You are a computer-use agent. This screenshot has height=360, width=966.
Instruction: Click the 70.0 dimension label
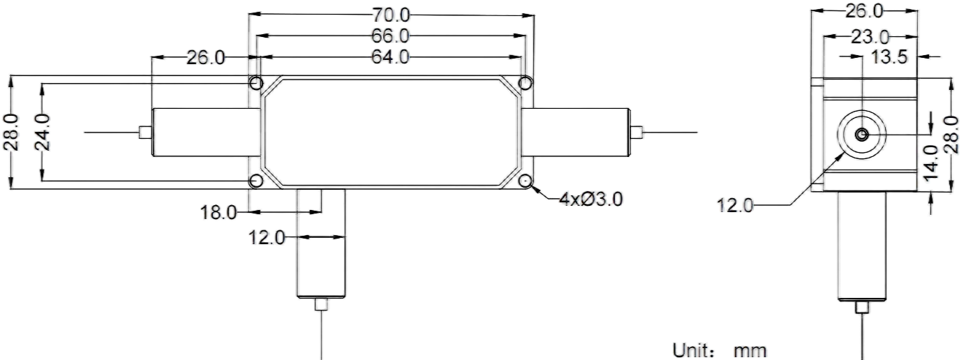click(x=391, y=15)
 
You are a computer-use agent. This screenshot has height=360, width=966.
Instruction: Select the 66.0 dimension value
click(x=391, y=36)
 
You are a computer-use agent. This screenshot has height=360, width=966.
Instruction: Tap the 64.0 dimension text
click(x=391, y=57)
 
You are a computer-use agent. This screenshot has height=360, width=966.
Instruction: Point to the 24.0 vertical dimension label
click(x=43, y=132)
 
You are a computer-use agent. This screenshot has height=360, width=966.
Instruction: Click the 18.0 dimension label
click(x=218, y=212)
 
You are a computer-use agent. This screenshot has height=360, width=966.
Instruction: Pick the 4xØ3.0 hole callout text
click(x=590, y=199)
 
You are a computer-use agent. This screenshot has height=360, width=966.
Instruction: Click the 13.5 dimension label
click(x=889, y=57)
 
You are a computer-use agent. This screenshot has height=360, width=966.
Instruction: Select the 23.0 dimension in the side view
click(x=870, y=37)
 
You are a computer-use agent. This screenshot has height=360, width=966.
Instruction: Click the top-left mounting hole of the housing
click(x=256, y=83)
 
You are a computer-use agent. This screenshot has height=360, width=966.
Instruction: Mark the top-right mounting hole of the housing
click(x=525, y=83)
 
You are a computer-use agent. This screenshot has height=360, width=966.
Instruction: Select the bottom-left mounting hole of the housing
click(x=256, y=181)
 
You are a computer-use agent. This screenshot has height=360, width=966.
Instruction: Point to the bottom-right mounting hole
click(x=525, y=181)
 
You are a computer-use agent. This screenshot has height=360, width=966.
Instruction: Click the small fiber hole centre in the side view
click(x=862, y=135)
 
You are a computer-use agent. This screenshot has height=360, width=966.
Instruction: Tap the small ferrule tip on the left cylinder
click(x=145, y=133)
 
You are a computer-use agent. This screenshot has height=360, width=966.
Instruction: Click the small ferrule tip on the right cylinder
click(x=637, y=133)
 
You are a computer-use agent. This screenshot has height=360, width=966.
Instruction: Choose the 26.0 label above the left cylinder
click(x=206, y=57)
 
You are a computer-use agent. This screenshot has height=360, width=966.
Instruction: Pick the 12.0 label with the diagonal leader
click(x=735, y=205)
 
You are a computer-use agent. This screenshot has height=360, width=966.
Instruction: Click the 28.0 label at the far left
click(x=12, y=132)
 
